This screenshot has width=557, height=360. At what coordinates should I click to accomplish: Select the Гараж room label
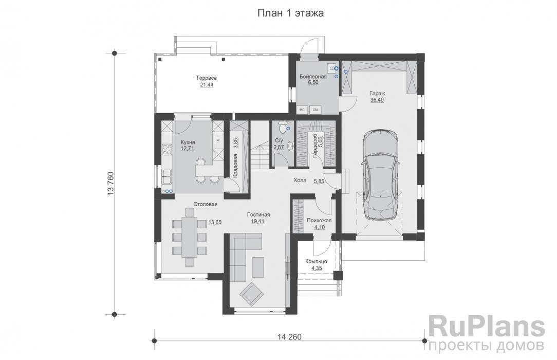pyautogui.click(x=377, y=93)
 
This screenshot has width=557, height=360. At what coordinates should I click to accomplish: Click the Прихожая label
pyautogui.click(x=319, y=220)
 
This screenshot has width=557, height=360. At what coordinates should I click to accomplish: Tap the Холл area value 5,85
pyautogui.click(x=319, y=181)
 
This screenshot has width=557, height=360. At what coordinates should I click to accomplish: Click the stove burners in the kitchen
pyautogui.click(x=166, y=150)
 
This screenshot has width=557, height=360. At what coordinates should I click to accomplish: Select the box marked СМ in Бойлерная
pyautogui.click(x=314, y=110)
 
